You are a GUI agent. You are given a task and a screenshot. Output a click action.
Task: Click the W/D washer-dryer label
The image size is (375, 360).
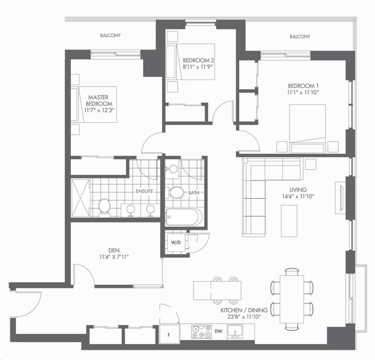point(176,242)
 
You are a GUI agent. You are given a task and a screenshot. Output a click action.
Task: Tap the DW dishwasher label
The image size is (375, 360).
point(218,331)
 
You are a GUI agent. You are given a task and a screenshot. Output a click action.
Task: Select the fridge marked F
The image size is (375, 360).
point(169,333)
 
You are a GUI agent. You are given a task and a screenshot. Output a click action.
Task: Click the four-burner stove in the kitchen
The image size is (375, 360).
point(201,332)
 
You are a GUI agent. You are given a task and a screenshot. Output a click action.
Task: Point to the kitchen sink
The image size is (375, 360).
point(235,332)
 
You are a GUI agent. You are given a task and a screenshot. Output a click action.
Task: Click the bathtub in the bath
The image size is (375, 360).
point(184,217)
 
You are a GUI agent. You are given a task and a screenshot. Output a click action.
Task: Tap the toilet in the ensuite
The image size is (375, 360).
point(105,207)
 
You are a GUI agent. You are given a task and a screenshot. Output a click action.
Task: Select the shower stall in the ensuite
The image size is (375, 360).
point(80,198)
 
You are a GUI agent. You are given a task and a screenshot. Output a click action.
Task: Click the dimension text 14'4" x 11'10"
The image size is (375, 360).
point(298,197)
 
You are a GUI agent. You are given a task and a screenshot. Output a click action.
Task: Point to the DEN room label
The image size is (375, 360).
point(114,251)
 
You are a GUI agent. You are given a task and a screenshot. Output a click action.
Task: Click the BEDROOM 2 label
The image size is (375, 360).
point(198,60)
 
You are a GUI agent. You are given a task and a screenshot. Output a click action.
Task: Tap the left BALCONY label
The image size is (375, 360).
point(110,36)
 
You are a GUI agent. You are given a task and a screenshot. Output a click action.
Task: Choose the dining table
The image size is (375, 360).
point(292,300)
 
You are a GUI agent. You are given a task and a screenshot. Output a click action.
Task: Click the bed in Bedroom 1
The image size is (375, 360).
point(308,128)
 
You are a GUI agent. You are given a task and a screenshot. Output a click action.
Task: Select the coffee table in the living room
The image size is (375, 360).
point(289,221)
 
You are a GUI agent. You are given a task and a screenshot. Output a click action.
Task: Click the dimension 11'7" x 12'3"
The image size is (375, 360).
point(99,110)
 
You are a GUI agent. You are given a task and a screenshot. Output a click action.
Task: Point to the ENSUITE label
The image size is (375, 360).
point(144,191)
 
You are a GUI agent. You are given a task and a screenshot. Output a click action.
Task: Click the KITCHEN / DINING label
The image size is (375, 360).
point(244,310)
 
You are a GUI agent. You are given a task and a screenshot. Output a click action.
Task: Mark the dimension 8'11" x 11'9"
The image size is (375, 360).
point(198,67)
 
